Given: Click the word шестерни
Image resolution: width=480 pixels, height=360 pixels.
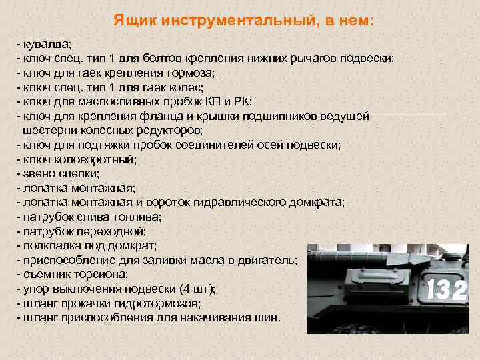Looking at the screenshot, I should click(47, 131).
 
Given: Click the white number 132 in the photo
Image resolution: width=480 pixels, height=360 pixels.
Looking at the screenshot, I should click(446, 290).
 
